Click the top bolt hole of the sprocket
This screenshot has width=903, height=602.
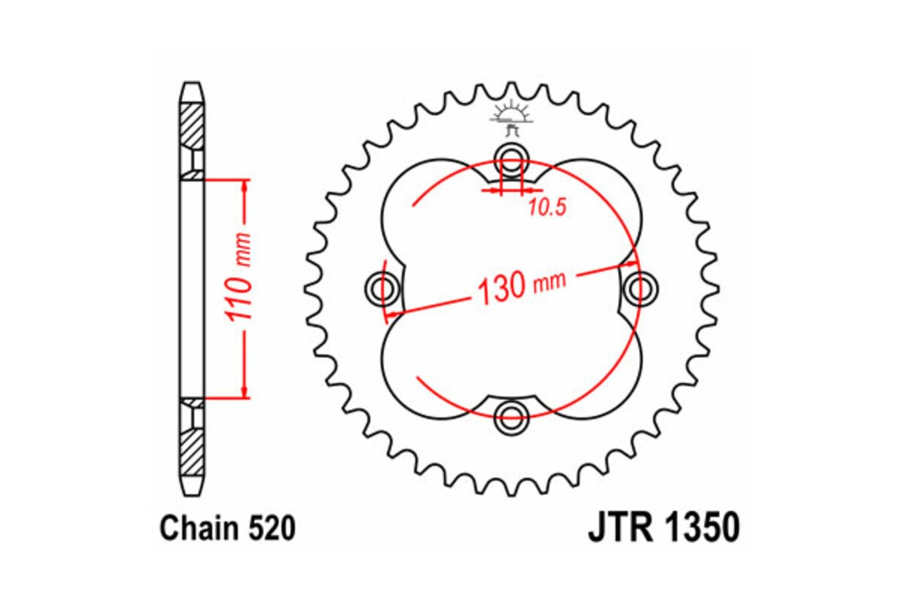(x=512, y=159)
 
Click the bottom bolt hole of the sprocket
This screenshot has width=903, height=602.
(x=512, y=413)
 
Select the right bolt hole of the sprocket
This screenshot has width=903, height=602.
(x=640, y=287)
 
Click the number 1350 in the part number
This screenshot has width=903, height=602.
(x=701, y=528)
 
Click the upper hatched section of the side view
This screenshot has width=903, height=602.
(x=192, y=124)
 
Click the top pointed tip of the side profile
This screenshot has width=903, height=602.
(x=192, y=84)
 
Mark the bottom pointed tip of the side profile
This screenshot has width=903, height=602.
(x=192, y=489)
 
